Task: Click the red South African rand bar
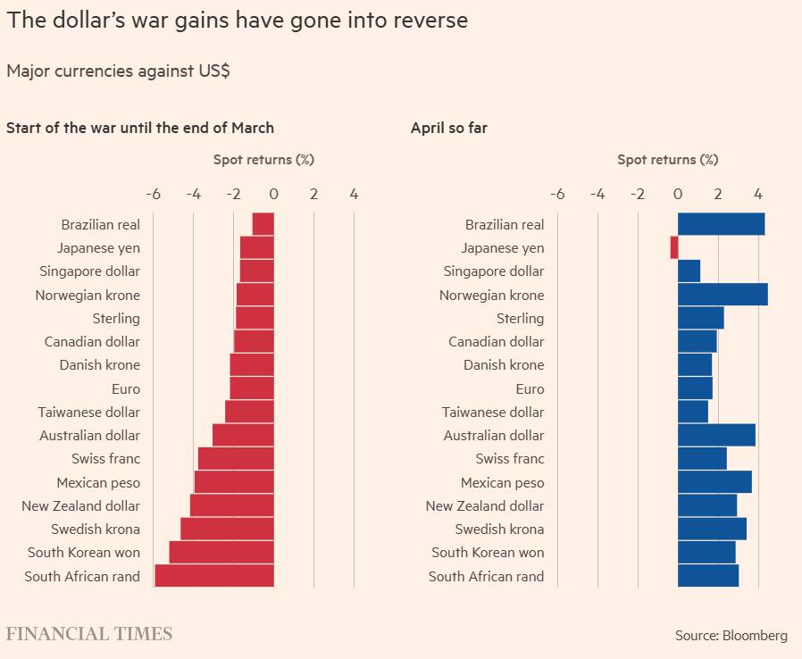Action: point(214,576)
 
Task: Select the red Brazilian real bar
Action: point(263,224)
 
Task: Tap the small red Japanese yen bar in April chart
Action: point(674,247)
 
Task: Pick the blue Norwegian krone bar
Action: point(723,295)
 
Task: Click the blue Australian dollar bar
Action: point(716,435)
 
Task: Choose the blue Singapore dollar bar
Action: point(689,271)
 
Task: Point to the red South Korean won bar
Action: point(221,552)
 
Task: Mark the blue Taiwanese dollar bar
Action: point(693,412)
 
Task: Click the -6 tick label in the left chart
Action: point(153,194)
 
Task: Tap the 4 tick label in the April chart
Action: point(758,194)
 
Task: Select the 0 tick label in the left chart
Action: point(273,194)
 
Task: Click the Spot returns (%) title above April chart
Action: point(667,160)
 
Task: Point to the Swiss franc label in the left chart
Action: point(105,458)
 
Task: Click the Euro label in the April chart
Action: point(530,388)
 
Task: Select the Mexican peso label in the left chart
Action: point(98,482)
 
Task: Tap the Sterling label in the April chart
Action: point(520,318)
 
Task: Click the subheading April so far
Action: point(449,128)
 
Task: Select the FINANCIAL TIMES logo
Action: point(89,634)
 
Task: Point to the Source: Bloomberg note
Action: point(731,636)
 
